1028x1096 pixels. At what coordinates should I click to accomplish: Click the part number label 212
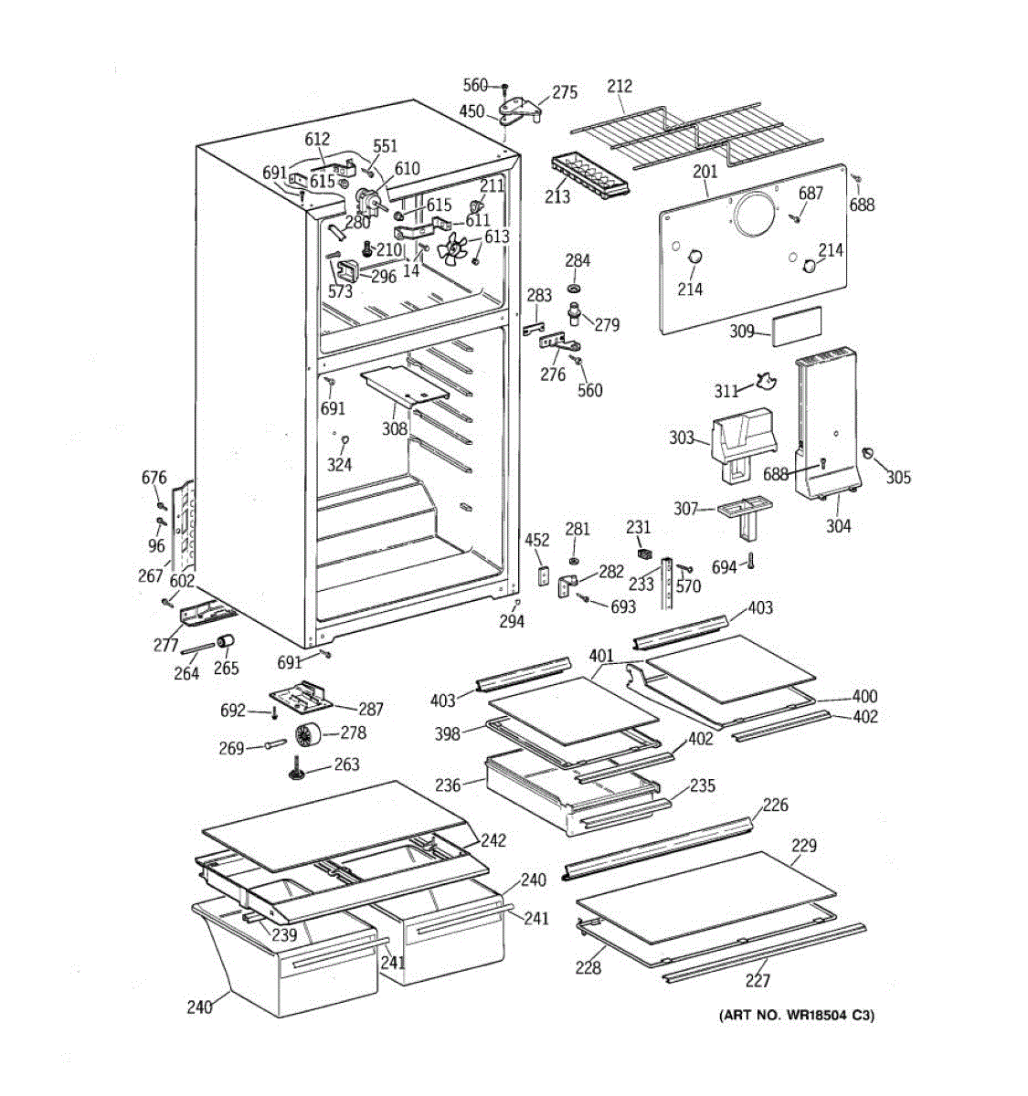coord(620,87)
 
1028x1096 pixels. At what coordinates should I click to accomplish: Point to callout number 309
coord(742,331)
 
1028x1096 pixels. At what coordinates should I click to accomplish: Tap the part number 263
coord(346,764)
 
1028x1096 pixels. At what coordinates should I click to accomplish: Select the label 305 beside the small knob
coord(898,477)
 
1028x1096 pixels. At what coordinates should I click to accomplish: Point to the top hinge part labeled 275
coord(520,111)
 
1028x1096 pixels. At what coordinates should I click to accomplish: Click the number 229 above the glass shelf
coord(803,846)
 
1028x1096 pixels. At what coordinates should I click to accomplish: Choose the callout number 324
coord(339,465)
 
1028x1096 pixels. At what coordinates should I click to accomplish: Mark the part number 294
coord(512,621)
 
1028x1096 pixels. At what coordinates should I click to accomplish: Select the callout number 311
coord(726,392)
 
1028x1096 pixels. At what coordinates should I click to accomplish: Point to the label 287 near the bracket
coord(371,709)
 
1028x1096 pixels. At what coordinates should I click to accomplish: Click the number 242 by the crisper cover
coord(493,840)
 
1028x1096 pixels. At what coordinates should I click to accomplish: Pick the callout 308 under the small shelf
coord(395,427)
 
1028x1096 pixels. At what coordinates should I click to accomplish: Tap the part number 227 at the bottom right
coord(758,980)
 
